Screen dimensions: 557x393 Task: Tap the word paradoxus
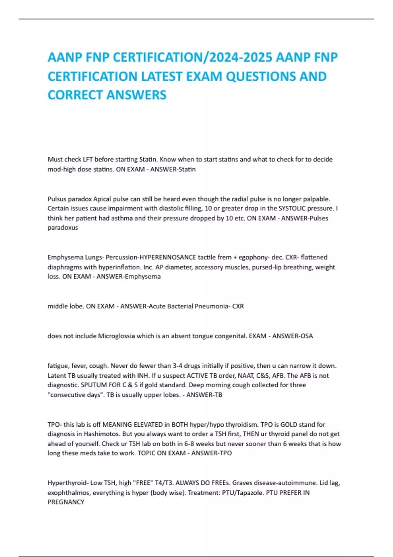pos(63,228)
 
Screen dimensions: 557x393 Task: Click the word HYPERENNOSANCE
pos(168,257)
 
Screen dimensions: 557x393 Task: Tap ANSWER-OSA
pos(292,336)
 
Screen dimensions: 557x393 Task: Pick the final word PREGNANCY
pos(66,502)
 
